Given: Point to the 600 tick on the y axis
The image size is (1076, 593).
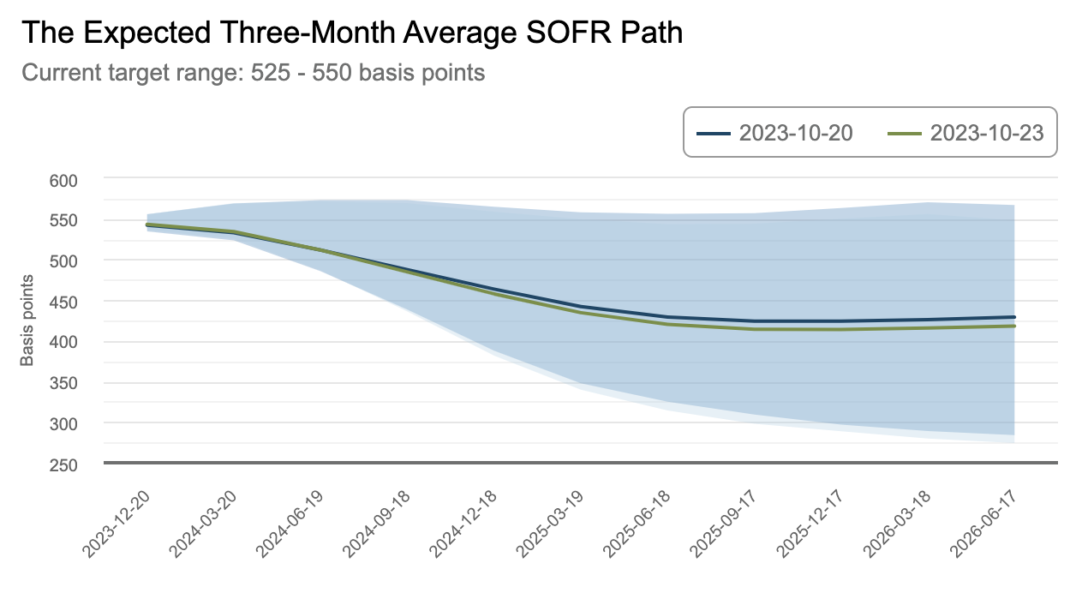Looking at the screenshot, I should pyautogui.click(x=63, y=180).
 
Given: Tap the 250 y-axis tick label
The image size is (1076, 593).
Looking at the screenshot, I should pyautogui.click(x=63, y=465).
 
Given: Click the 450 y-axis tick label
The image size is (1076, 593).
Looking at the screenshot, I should pyautogui.click(x=63, y=302).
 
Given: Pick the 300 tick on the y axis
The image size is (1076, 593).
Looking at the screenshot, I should pyautogui.click(x=63, y=424).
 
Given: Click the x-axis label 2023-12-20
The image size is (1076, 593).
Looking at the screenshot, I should pyautogui.click(x=122, y=524).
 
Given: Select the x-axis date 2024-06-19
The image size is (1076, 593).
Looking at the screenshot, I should pyautogui.click(x=296, y=524).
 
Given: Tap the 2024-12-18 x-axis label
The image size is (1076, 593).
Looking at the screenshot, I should pyautogui.click(x=469, y=524).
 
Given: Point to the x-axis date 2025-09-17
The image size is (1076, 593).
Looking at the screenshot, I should pyautogui.click(x=730, y=524).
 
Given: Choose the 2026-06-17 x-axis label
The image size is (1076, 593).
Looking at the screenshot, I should pyautogui.click(x=990, y=524).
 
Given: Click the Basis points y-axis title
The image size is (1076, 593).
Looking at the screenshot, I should pyautogui.click(x=27, y=320).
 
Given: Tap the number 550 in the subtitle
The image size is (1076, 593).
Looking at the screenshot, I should pyautogui.click(x=332, y=73).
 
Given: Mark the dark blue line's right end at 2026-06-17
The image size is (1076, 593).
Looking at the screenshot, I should pyautogui.click(x=1014, y=317).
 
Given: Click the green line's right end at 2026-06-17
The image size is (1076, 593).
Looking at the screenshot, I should pyautogui.click(x=1014, y=326).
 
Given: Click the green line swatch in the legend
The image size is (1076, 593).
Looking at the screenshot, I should pyautogui.click(x=905, y=134).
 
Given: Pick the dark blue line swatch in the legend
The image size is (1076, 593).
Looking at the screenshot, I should pyautogui.click(x=714, y=134).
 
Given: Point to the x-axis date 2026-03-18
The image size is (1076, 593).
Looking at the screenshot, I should pyautogui.click(x=903, y=524).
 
